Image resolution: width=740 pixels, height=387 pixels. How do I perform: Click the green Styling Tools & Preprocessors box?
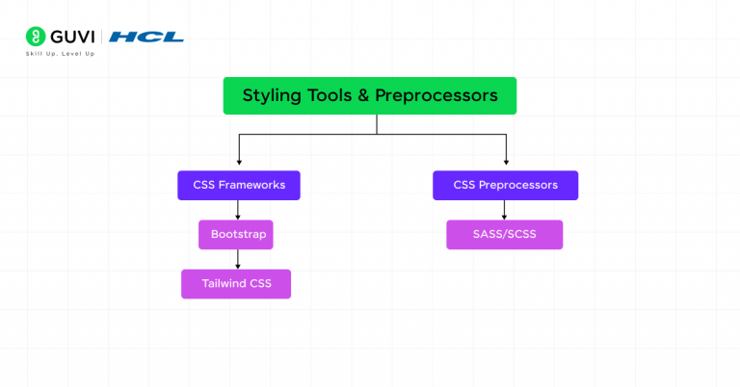369,95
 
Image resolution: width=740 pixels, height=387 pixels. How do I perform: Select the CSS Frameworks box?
238,185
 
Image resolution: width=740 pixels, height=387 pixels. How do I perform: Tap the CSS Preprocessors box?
505,185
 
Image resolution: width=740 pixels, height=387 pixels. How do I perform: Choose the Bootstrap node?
236,234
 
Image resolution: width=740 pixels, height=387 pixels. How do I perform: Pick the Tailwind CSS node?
236,284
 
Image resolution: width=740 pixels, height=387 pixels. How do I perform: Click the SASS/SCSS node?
504,234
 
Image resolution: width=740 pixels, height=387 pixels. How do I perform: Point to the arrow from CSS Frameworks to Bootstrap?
238,210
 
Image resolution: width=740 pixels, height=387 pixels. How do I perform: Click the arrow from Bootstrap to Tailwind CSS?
238,259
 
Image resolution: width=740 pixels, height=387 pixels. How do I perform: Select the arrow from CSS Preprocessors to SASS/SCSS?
504,210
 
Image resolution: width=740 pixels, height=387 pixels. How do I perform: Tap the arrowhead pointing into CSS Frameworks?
239,163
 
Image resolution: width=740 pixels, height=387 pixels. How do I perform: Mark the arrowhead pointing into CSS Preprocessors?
506,163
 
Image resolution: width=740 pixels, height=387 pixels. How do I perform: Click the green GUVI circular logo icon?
36,37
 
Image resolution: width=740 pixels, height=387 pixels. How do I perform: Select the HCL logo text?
145,37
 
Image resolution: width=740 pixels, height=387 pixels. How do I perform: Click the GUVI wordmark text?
73,37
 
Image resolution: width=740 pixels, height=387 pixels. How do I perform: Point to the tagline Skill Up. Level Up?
60,54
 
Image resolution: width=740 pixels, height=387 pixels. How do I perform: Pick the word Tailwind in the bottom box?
224,284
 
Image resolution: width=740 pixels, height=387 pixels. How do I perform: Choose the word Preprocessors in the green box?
436,95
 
